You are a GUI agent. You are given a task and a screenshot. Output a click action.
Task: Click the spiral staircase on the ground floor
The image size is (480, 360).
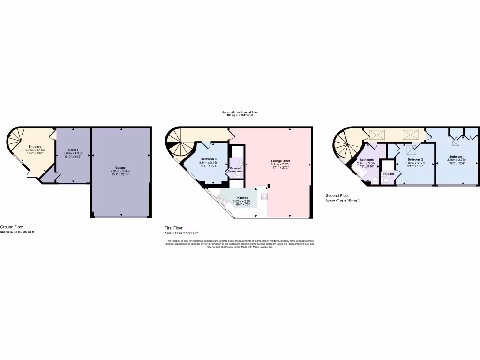click(16, 139)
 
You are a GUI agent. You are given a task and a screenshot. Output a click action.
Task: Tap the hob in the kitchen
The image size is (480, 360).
click(264, 196)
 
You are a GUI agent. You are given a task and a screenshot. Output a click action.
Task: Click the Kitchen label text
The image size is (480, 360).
click(242, 198)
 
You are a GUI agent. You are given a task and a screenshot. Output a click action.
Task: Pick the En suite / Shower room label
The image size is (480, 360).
click(235, 169)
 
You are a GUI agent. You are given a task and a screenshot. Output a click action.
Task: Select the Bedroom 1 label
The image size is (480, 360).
click(457, 156)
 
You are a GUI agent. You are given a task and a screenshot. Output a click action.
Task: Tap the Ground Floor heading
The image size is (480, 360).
click(12, 227)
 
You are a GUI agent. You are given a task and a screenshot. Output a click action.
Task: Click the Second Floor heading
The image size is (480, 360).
click(337, 195)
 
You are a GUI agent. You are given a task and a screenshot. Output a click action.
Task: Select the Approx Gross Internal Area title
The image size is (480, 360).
click(240, 112)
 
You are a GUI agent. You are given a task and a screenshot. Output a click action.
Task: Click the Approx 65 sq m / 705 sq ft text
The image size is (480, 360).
click(181, 232)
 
